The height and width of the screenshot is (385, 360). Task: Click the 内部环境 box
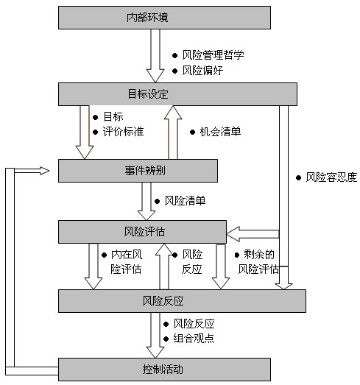click(164, 18)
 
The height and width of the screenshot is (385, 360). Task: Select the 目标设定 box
click(177, 94)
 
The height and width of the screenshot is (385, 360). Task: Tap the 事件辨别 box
click(138, 171)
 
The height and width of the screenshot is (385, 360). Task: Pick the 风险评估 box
click(142, 232)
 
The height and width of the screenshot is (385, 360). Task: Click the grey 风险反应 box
click(182, 301)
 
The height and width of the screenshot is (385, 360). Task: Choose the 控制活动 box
click(164, 370)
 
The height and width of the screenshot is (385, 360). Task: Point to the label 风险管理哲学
click(213, 55)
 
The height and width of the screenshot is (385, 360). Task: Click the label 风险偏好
click(202, 71)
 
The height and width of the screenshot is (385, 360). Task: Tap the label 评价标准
click(123, 132)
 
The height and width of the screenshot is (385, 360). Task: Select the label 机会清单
click(220, 132)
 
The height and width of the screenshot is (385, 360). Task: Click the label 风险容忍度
click(331, 177)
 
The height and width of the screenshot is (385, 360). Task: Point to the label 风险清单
click(185, 201)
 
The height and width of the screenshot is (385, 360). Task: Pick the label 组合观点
click(194, 339)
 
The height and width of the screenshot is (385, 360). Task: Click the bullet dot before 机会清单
click(193, 133)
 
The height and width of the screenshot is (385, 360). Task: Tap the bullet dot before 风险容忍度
click(299, 177)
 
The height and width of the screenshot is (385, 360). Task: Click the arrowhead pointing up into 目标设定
click(173, 113)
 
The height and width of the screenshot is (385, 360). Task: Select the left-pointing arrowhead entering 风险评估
click(233, 234)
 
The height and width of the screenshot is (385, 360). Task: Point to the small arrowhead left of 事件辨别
click(44, 171)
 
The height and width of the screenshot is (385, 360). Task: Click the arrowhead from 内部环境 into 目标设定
click(155, 76)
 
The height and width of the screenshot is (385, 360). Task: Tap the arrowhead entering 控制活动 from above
click(155, 351)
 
